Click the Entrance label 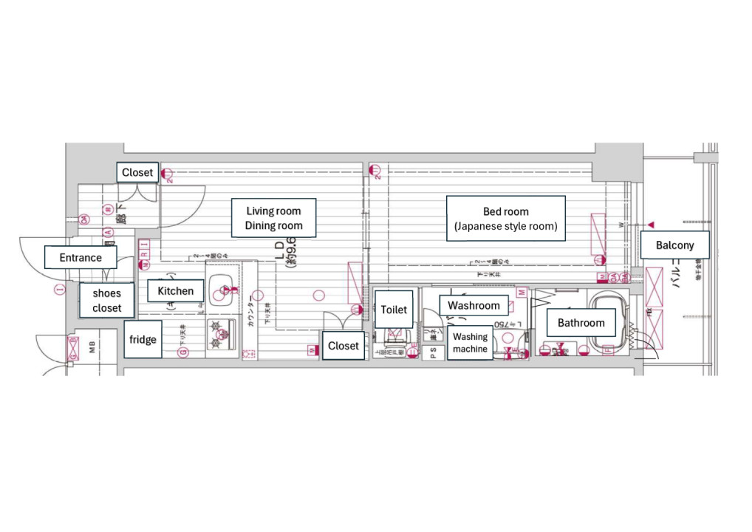pyautogui.click(x=81, y=257)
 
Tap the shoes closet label pyautogui.click(x=107, y=300)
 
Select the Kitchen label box pyautogui.click(x=175, y=291)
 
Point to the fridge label pyautogui.click(x=143, y=340)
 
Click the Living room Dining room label pyautogui.click(x=274, y=218)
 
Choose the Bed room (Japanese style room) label pyautogui.click(x=506, y=219)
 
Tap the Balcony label pyautogui.click(x=675, y=245)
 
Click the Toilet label pyautogui.click(x=394, y=310)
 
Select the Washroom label pyautogui.click(x=474, y=305)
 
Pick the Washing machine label pyautogui.click(x=470, y=343)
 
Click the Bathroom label pyautogui.click(x=581, y=322)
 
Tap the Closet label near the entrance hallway pyautogui.click(x=137, y=172)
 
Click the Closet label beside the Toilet pyautogui.click(x=343, y=346)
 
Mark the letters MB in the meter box pyautogui.click(x=92, y=347)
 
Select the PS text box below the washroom pyautogui.click(x=434, y=352)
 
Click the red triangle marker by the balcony pyautogui.click(x=651, y=224)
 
